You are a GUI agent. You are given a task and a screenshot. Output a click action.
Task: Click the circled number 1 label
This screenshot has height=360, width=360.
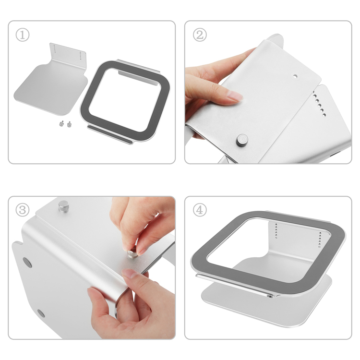pyautogui.click(x=23, y=35)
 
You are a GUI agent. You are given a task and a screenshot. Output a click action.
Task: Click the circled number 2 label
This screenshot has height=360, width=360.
pyautogui.click(x=200, y=35)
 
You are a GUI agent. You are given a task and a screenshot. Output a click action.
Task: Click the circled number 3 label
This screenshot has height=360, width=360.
pyautogui.click(x=23, y=210)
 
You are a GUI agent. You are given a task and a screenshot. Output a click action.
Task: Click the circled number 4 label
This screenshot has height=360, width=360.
pyautogui.click(x=200, y=210)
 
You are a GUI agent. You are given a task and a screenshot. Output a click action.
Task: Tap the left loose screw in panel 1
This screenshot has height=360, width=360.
pyautogui.click(x=61, y=124)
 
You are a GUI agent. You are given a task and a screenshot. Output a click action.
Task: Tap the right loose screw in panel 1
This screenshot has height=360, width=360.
pyautogui.click(x=69, y=124)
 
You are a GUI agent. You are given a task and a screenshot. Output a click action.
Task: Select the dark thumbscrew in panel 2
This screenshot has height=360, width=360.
pyautogui.click(x=242, y=140)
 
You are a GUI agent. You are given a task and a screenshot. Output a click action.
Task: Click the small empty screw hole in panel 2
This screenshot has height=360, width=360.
pyautogui.click(x=295, y=76)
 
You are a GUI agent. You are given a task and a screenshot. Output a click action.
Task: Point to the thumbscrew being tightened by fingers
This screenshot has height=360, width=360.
pyautogui.click(x=132, y=254)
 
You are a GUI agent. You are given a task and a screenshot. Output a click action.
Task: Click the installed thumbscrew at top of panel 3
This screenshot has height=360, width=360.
pyautogui.click(x=63, y=206)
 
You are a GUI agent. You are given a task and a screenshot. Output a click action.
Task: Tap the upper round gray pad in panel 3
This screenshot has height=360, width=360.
pyautogui.click(x=27, y=263)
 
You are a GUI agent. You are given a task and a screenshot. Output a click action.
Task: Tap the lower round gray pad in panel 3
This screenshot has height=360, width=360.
pyautogui.click(x=41, y=313)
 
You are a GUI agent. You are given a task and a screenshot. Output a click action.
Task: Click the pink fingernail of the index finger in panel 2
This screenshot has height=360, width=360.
pyautogui.click(x=235, y=96)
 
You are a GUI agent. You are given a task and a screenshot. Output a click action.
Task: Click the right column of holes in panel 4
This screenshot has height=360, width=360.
pyautogui.click(x=320, y=240)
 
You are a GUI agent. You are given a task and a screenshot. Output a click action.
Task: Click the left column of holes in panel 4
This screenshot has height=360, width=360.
pyautogui.click(x=276, y=231)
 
